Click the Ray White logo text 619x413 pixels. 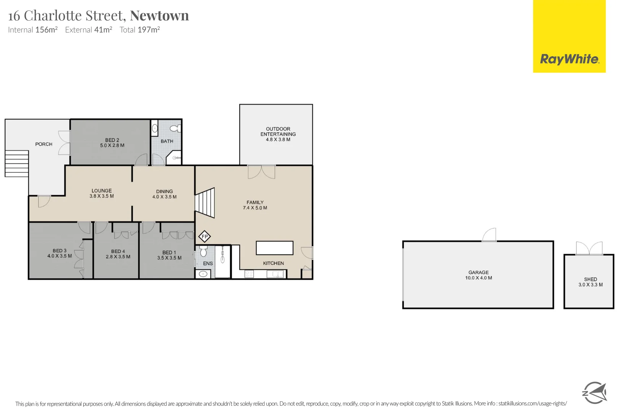569,59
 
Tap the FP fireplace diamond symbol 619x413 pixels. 205,237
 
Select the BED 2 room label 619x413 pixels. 112,140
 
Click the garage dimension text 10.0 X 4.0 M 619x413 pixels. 478,278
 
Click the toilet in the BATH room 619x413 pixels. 176,128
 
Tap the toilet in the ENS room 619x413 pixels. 203,251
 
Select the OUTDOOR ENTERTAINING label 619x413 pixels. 278,132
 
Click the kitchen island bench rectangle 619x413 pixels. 274,248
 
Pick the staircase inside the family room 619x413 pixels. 205,202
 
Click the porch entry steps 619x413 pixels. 17,163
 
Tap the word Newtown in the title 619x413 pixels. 159,16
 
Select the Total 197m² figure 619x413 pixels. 139,30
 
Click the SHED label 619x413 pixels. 590,279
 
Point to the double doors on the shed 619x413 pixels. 589,249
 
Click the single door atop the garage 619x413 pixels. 489,235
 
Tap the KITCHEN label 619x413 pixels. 273,263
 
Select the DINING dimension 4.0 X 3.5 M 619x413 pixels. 164,197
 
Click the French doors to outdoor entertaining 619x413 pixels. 261,172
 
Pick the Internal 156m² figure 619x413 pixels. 33,30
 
